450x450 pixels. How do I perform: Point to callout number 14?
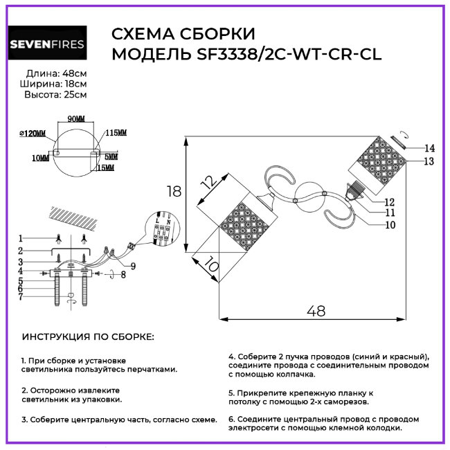pos(429,148)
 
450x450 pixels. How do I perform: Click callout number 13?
pos(429,161)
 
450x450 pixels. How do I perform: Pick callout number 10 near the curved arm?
pos(390,224)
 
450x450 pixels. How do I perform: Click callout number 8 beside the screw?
pos(123,275)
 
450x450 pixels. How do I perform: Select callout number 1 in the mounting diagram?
pos(21,237)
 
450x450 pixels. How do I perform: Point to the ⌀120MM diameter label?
pos(31,133)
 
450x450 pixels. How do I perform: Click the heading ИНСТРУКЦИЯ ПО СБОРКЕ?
pos(89,337)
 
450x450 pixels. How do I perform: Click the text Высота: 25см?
pos(55,94)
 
